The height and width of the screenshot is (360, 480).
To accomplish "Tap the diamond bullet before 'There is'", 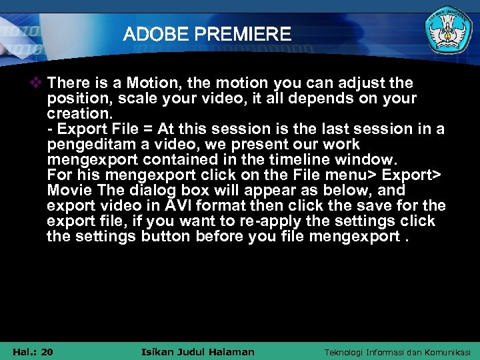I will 38,83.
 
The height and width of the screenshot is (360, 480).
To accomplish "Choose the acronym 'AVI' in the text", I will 180,205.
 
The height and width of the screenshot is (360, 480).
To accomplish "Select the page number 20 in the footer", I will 47,351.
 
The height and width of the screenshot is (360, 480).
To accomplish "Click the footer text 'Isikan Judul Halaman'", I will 199,351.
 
